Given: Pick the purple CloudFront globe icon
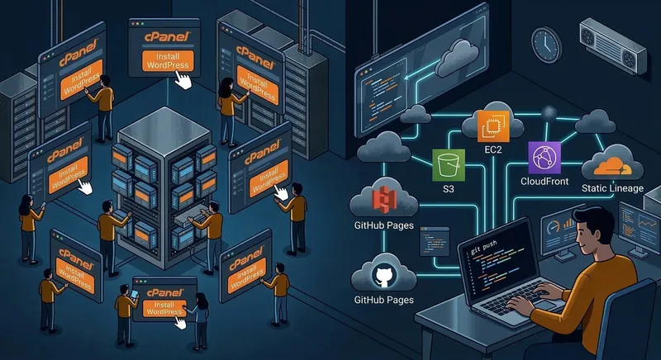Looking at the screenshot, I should [x=543, y=156].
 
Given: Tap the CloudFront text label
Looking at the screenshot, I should [x=544, y=181].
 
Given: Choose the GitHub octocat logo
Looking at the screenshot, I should [x=383, y=274].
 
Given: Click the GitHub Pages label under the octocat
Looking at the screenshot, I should [x=383, y=301].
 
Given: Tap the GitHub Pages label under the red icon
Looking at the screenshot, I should [x=383, y=225].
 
